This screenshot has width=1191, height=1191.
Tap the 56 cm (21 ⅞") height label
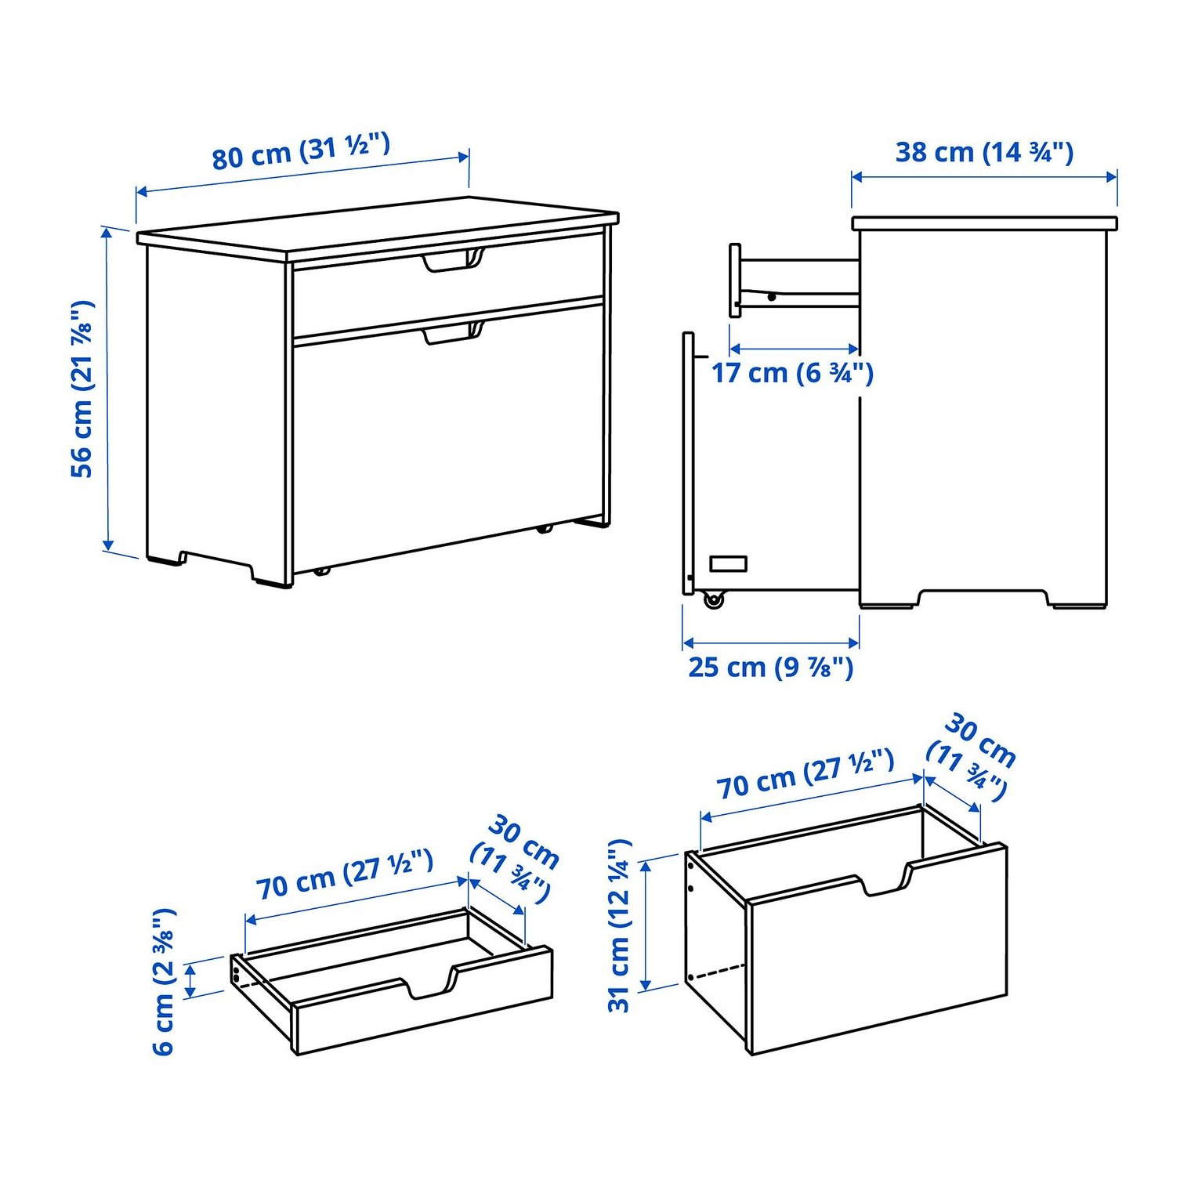[82, 389]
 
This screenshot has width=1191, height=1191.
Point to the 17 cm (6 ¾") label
[792, 372]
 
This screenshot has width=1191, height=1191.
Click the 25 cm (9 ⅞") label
[771, 667]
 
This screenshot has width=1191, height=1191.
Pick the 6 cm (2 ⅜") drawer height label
[164, 982]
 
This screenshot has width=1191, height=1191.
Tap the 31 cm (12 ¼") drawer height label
[619, 925]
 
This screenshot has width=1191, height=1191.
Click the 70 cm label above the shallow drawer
[345, 874]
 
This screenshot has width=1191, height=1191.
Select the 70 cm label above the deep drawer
[805, 774]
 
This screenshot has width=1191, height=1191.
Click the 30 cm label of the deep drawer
[972, 757]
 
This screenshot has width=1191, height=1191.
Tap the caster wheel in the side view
[712, 600]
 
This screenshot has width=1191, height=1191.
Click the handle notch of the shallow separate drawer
[428, 985]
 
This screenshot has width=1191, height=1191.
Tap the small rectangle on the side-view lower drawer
[728, 563]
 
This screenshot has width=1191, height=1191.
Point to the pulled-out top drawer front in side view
[735, 281]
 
